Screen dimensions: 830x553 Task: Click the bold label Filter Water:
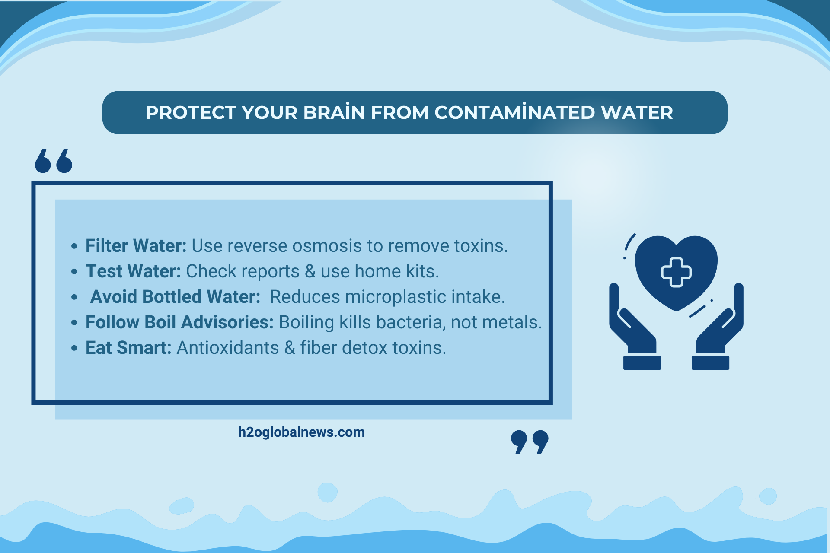[136, 245]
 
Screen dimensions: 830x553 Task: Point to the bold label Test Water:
[133, 271]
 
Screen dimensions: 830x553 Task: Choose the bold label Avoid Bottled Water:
[175, 296]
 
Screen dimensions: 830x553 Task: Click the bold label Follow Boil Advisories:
[179, 322]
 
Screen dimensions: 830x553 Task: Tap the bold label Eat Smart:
[128, 347]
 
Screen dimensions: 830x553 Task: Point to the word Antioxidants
[228, 347]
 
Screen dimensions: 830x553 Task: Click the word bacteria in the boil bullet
[392, 322]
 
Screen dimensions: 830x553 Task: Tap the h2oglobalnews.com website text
[301, 432]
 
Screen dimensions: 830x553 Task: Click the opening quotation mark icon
[54, 161]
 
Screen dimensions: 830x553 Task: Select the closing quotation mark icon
[530, 442]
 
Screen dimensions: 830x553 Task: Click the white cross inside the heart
[676, 272]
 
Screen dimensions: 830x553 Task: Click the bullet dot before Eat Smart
[74, 348]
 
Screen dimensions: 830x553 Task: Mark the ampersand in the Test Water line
[310, 271]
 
